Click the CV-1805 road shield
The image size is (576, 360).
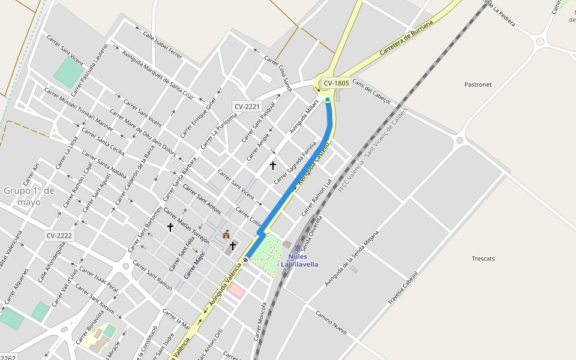click(x=335, y=83)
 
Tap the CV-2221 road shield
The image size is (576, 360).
click(x=247, y=106)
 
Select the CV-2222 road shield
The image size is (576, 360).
click(x=59, y=236)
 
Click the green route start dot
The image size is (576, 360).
click(x=328, y=100)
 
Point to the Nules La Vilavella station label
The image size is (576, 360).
click(x=299, y=260)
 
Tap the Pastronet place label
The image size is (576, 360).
click(x=478, y=85)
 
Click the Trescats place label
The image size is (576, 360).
click(x=483, y=259)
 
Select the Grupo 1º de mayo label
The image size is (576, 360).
click(x=29, y=196)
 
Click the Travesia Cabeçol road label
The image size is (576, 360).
click(x=403, y=287)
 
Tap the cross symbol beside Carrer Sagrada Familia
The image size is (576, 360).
click(x=272, y=165)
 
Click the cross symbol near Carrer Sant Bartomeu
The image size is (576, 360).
click(x=170, y=227)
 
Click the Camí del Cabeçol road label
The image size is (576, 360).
click(x=372, y=91)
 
